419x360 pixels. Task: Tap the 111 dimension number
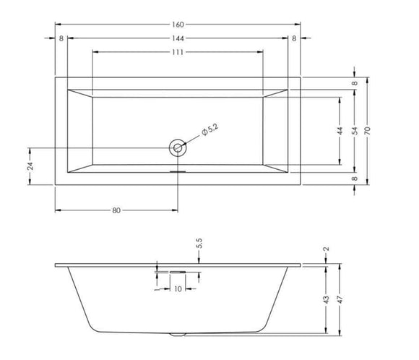point(178,52)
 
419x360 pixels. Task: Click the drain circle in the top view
point(178,148)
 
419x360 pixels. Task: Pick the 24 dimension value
point(30,166)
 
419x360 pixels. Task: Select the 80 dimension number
point(116,210)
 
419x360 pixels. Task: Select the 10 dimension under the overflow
point(178,289)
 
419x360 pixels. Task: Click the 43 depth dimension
point(326,299)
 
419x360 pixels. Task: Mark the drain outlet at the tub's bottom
point(178,335)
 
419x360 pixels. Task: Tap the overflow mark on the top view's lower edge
point(178,172)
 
